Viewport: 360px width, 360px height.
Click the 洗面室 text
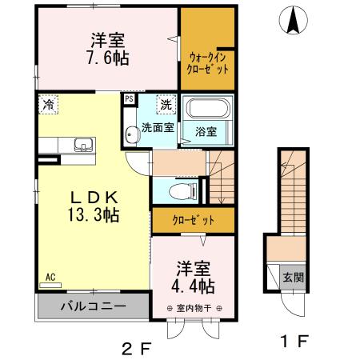coord(158,127)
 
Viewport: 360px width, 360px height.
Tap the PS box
coord(128,100)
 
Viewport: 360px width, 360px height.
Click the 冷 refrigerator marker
coord(49,103)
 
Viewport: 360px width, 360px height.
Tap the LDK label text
coord(93,197)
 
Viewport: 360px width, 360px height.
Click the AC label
coord(50,277)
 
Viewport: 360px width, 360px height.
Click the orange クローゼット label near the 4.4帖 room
coord(192,218)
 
